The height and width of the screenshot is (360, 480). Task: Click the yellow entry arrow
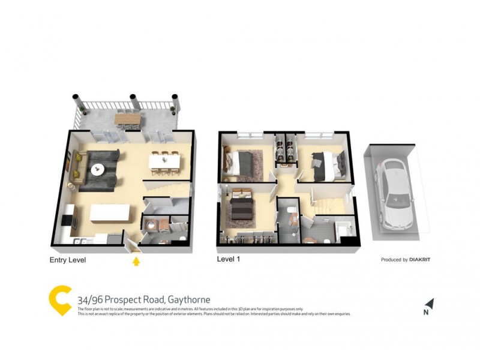click(136, 261)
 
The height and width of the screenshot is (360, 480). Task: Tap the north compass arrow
click(429, 304)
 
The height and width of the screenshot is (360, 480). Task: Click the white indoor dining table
click(164, 160)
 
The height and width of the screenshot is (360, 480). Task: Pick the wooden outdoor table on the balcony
click(127, 119)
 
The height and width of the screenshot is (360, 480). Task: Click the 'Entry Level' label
click(67, 260)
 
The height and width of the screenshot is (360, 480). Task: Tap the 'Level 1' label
click(232, 260)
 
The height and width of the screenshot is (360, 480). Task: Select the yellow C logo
click(60, 301)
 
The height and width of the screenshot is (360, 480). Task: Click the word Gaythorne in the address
click(189, 300)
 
